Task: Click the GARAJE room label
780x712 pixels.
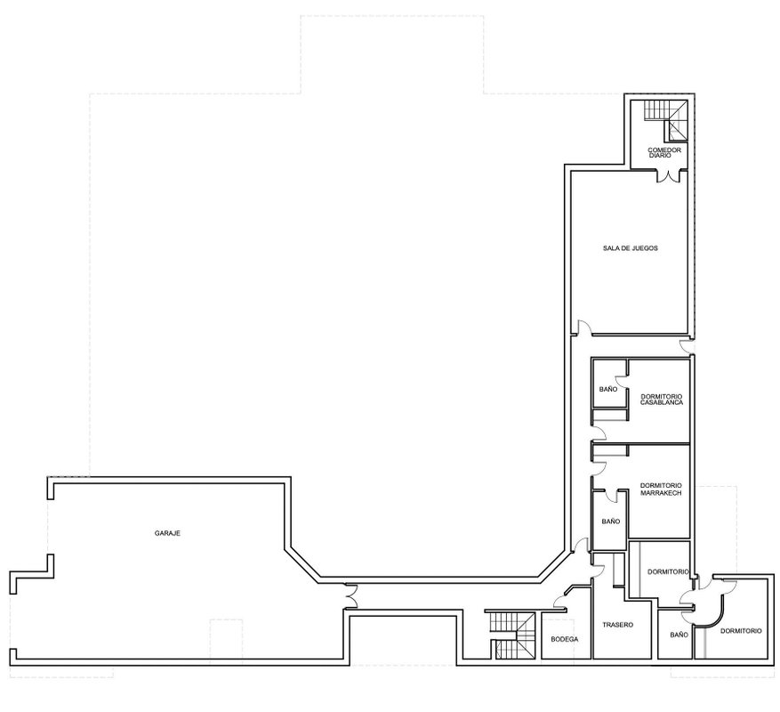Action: [167, 533]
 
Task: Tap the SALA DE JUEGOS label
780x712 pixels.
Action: [631, 248]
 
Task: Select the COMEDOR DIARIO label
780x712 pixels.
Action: [664, 152]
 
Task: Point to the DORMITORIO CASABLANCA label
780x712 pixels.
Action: [662, 400]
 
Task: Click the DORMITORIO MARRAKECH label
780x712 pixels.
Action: [661, 489]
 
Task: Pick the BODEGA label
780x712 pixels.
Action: [565, 639]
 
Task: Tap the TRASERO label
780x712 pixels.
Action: [618, 625]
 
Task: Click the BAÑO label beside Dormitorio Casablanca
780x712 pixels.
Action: [607, 389]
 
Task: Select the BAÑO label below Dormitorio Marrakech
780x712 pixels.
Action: [611, 522]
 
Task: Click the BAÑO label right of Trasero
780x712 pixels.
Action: [679, 635]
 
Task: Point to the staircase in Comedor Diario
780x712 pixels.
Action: [666, 120]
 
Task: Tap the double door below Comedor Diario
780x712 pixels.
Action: [669, 175]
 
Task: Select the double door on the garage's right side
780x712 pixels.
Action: [350, 596]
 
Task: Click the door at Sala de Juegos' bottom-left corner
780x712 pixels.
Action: [581, 328]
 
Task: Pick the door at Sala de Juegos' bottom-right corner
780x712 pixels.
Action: [687, 345]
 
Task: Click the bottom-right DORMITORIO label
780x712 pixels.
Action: [741, 631]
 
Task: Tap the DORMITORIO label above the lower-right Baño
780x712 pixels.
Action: [668, 572]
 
